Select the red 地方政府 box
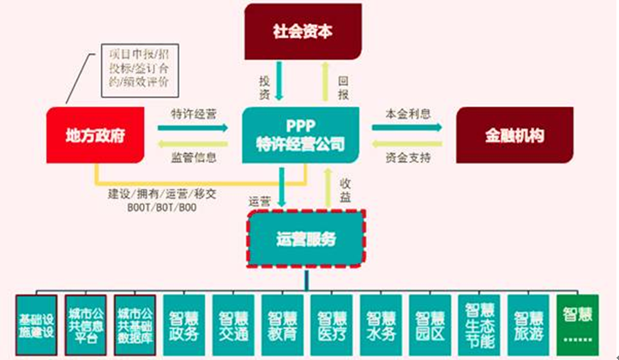click(x=93, y=135)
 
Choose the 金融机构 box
click(x=513, y=135)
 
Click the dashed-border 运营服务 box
click(x=307, y=238)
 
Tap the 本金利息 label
click(x=408, y=115)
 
